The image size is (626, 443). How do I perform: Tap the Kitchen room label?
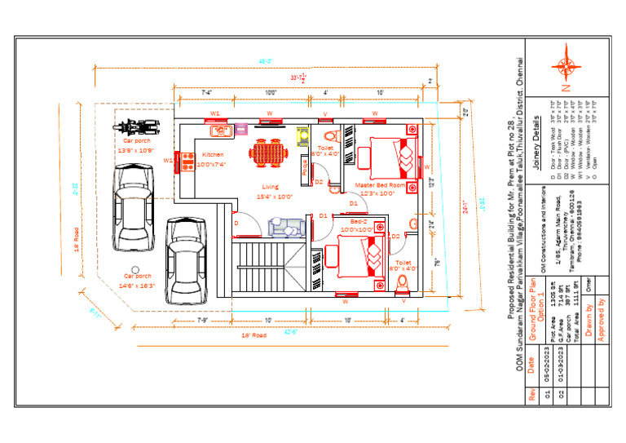point(213,154)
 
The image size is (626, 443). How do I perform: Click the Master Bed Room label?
point(381,185)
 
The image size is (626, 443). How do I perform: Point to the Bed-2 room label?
point(360,221)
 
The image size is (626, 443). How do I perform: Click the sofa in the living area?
point(286,226)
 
